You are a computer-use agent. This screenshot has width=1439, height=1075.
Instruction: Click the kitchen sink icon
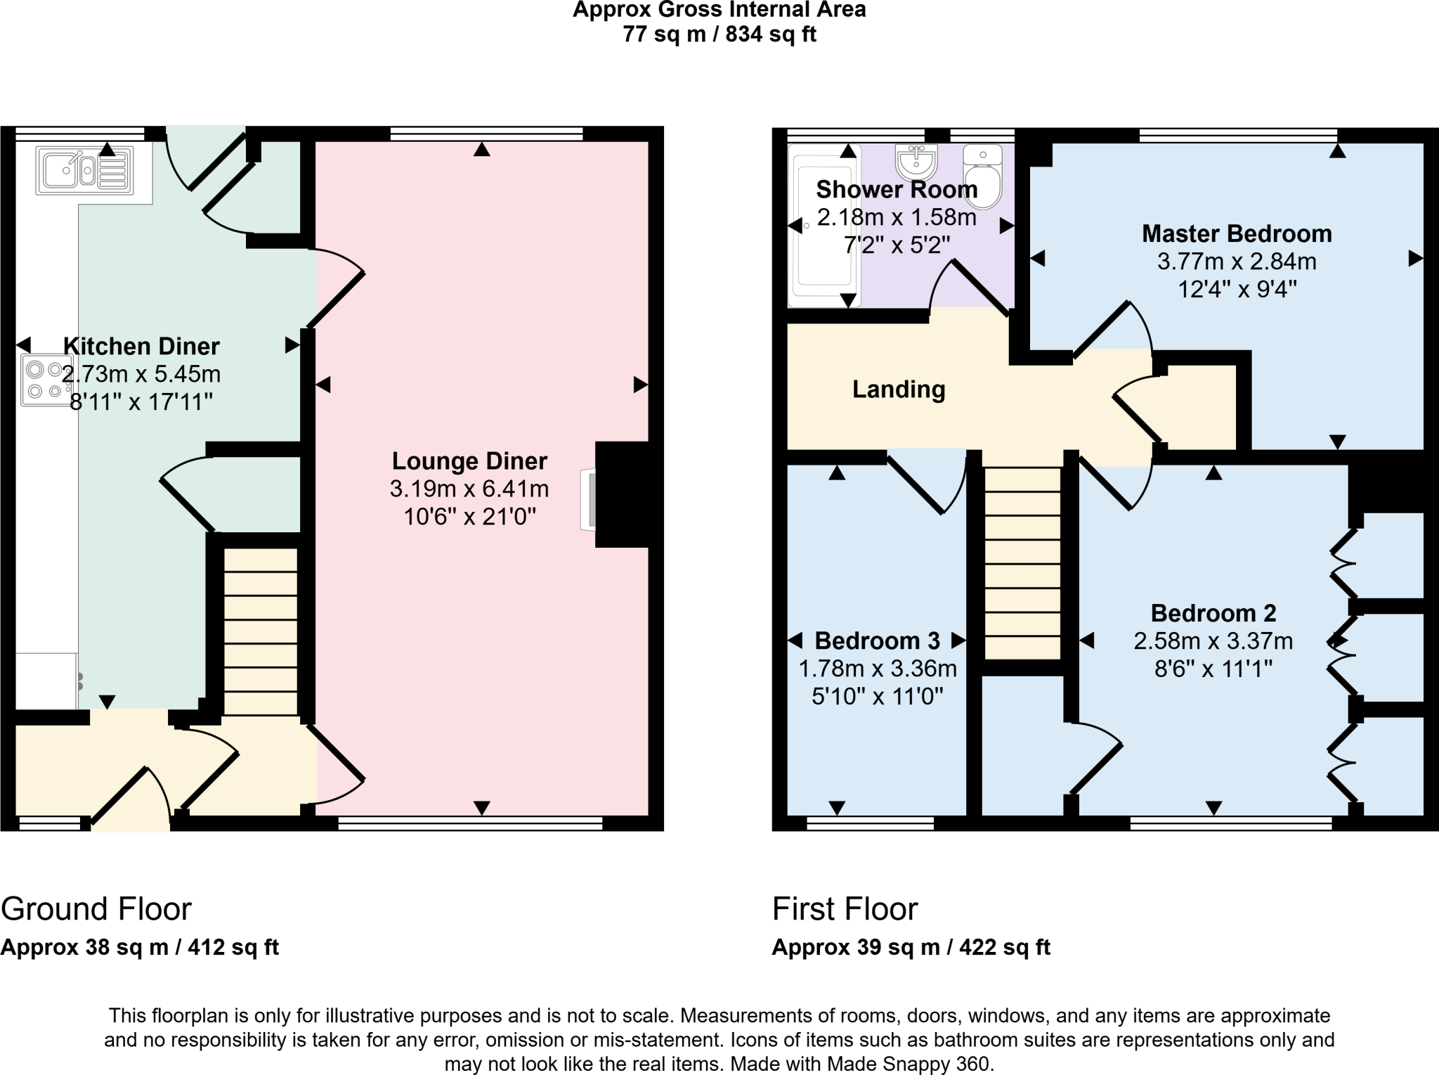tap(84, 170)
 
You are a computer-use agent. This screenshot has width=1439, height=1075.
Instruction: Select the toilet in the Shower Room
tap(982, 178)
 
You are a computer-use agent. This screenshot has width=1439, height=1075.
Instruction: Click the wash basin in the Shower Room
tap(916, 163)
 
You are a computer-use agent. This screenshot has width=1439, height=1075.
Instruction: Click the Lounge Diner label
tap(469, 461)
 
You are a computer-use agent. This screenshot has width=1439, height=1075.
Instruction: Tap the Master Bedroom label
tap(1237, 233)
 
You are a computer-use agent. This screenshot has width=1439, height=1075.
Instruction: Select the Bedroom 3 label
tap(877, 641)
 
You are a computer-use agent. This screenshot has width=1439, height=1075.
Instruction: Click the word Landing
tap(899, 389)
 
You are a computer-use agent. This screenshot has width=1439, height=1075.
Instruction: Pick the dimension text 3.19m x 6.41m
tap(469, 489)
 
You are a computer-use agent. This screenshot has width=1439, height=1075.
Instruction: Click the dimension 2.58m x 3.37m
tap(1213, 641)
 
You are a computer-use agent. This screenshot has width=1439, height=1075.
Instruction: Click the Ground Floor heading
tap(96, 909)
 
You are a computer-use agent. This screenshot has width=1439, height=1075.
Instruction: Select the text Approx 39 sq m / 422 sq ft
tap(911, 948)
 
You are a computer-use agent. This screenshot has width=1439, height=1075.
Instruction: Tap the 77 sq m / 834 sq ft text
tap(719, 34)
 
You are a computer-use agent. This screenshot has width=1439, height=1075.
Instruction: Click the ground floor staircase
tap(260, 631)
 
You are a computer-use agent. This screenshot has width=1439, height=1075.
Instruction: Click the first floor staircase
tap(1022, 562)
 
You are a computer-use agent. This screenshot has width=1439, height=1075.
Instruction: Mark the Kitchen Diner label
tap(141, 346)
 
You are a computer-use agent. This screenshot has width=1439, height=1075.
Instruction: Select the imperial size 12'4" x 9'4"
tap(1237, 289)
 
